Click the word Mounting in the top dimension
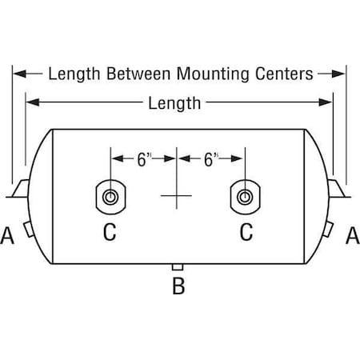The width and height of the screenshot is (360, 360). (x=213, y=74)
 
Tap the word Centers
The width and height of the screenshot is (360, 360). (x=284, y=74)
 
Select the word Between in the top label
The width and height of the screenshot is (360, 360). (x=138, y=74)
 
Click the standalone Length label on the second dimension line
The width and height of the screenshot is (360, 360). (x=174, y=103)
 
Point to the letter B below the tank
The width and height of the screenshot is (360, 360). (x=178, y=286)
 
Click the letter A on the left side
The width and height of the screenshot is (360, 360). (x=7, y=235)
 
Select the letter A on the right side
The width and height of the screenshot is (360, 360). (x=353, y=235)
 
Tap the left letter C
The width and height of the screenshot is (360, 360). (x=110, y=232)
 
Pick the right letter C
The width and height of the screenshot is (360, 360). (x=246, y=232)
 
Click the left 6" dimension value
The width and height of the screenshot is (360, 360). (x=144, y=159)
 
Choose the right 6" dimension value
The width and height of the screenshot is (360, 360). (x=211, y=159)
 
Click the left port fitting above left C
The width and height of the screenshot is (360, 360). (x=110, y=197)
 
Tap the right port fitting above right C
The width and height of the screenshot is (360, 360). (x=245, y=197)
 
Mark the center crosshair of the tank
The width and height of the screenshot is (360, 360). (x=177, y=196)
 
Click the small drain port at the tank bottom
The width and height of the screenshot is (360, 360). (x=178, y=267)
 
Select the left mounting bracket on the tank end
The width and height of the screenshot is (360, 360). (x=20, y=189)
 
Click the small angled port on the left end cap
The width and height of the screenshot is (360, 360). (x=29, y=229)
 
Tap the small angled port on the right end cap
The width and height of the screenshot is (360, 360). (x=328, y=229)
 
